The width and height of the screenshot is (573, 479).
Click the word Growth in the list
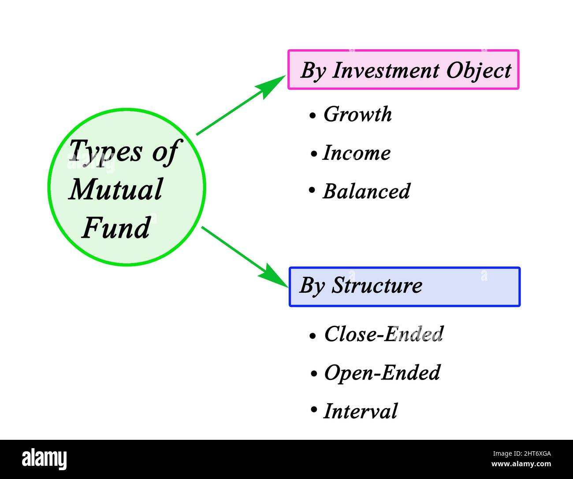[357, 114]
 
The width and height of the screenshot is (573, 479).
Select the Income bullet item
[356, 153]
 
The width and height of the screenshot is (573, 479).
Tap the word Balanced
[366, 192]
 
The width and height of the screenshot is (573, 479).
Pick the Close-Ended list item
[383, 334]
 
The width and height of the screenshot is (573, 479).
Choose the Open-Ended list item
[382, 373]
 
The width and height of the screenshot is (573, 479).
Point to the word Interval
[360, 411]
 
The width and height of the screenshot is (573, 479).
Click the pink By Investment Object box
[403, 70]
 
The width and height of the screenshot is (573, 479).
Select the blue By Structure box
[404, 287]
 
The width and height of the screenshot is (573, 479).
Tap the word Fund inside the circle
[116, 228]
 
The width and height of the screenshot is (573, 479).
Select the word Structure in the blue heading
[377, 285]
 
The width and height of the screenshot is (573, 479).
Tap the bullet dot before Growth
[313, 116]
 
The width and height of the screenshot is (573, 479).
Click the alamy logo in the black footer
[44, 459]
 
